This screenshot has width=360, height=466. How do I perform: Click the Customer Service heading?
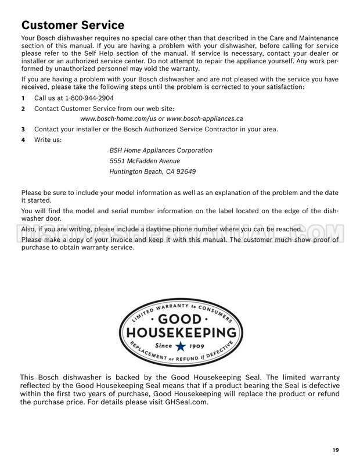73,25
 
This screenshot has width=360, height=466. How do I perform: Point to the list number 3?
23,129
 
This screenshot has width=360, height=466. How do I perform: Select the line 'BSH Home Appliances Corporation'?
161,150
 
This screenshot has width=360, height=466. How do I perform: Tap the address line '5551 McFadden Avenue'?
145,161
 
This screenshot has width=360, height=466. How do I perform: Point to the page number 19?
336,449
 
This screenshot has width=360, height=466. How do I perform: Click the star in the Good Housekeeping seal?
180,347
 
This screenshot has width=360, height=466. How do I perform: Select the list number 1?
23,98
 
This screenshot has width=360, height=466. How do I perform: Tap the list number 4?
23,139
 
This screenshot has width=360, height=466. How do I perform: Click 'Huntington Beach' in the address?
136,171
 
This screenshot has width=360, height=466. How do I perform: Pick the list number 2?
23,108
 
